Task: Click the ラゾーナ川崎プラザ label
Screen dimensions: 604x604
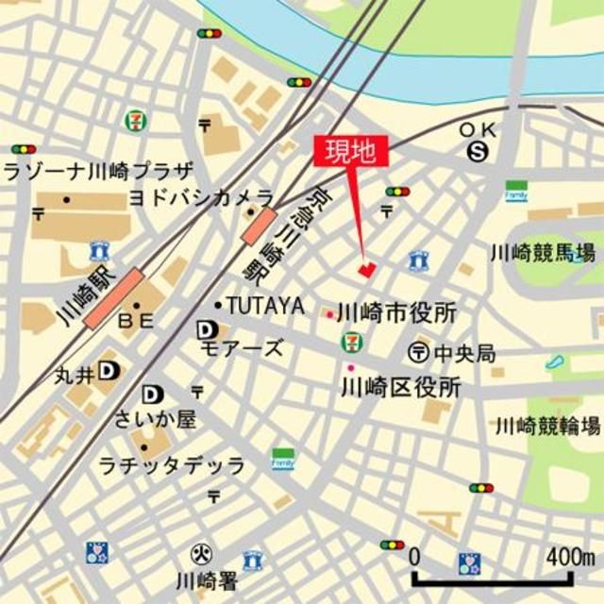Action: pyautogui.click(x=98, y=172)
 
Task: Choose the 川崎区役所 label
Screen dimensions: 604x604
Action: pyautogui.click(x=400, y=386)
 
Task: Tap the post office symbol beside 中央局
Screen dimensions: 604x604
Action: pyautogui.click(x=418, y=353)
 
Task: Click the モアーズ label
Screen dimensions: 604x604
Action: pyautogui.click(x=243, y=348)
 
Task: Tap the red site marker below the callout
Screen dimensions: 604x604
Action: pyautogui.click(x=366, y=269)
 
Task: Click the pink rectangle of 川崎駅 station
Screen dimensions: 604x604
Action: pyautogui.click(x=113, y=297)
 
